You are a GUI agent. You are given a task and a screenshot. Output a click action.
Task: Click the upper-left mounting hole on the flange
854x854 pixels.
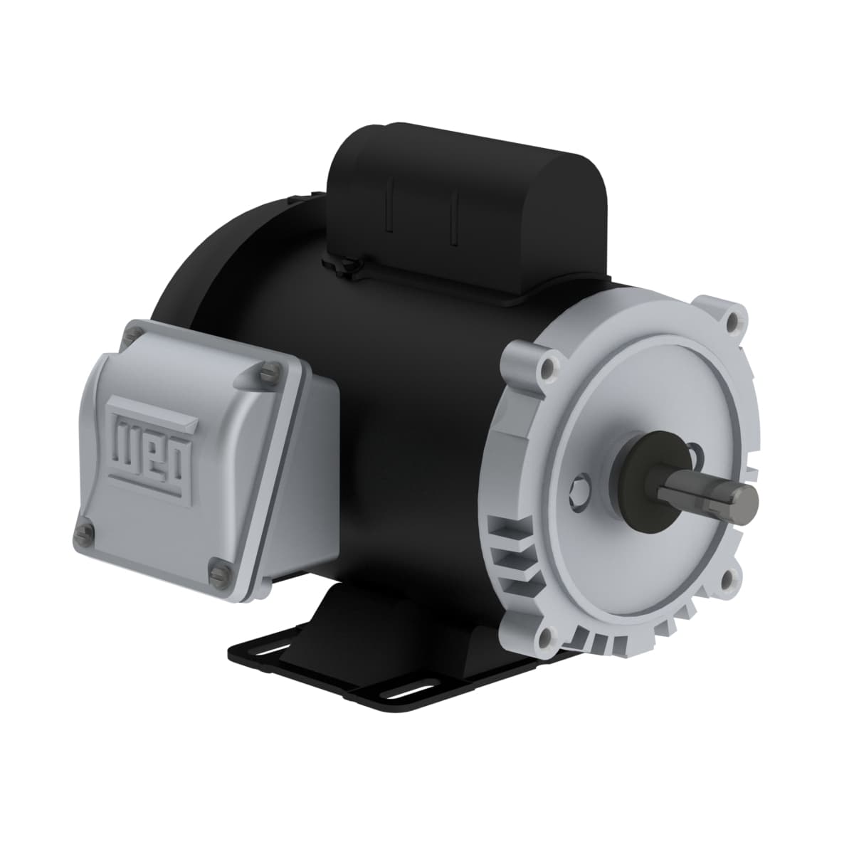pos(547,369)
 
